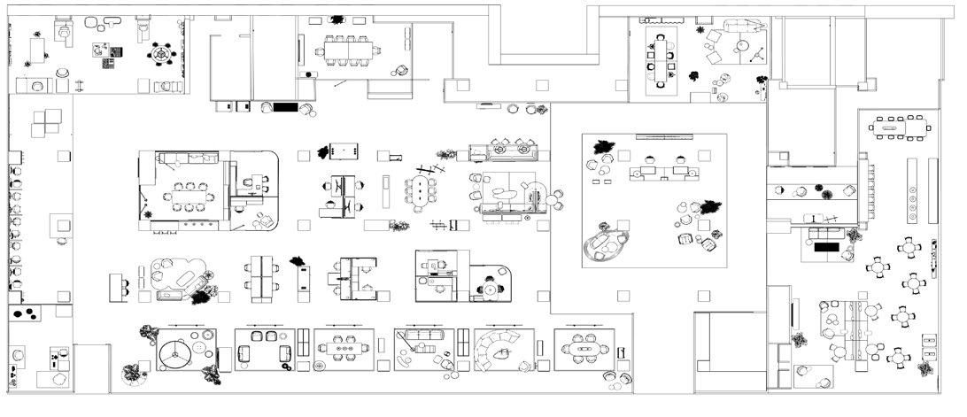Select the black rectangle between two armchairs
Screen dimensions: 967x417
tap(285, 107)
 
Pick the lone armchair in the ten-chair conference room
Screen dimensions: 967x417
tap(402, 70)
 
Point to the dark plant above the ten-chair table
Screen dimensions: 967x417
tap(337, 19)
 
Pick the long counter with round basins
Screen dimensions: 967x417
tap(913, 190)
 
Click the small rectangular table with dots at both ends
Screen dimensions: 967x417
tap(344, 151)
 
